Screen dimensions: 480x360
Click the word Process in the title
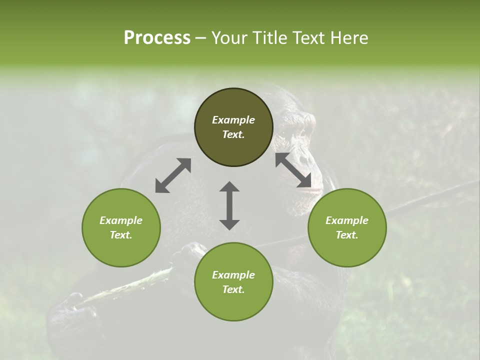(157, 38)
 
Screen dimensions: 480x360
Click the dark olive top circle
(233, 127)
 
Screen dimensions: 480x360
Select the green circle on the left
(121, 227)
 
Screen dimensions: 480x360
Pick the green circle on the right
(347, 227)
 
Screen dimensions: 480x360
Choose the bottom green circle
(233, 282)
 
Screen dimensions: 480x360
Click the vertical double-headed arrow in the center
(229, 205)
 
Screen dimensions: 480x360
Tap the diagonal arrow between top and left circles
(173, 175)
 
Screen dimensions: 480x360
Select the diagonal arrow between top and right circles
(293, 170)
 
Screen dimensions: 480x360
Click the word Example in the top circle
(233, 120)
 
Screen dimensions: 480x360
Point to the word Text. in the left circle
(121, 235)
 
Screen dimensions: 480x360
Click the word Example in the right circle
(347, 220)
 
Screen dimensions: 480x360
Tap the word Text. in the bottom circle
(233, 289)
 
